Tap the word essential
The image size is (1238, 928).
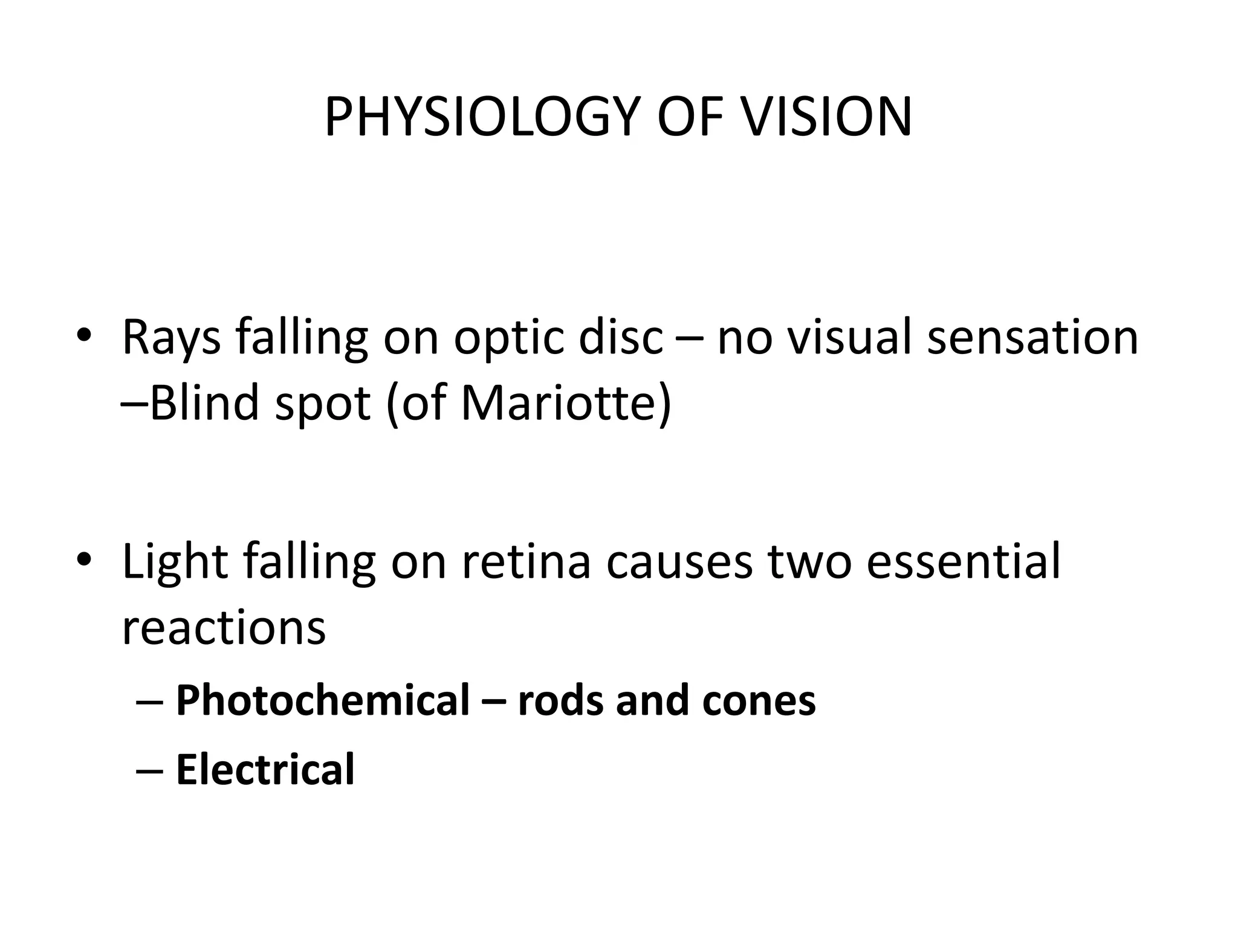click(x=964, y=562)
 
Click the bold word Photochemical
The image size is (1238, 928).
click(x=322, y=700)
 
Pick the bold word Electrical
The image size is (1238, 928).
click(x=265, y=769)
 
